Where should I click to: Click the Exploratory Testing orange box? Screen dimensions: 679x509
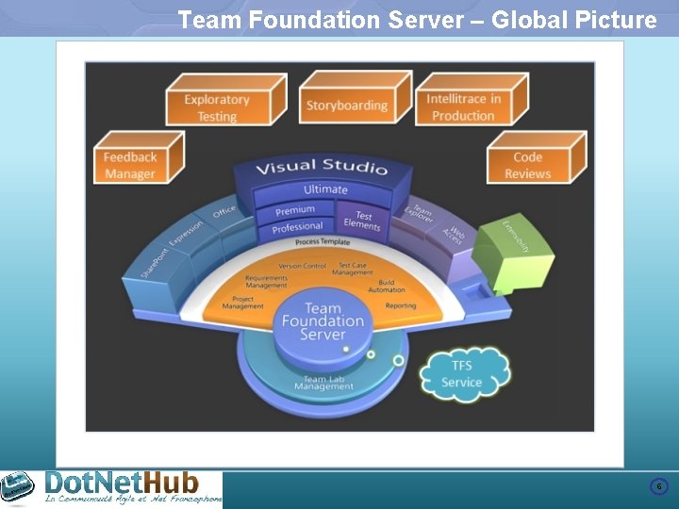(x=217, y=107)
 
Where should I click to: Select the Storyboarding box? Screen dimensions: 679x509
(x=346, y=106)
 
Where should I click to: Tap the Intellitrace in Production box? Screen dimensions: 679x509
(x=463, y=107)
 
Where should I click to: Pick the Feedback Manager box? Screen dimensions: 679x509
(x=130, y=165)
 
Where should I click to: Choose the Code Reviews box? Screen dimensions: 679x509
(x=527, y=165)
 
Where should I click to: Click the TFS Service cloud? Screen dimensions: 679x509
(x=461, y=374)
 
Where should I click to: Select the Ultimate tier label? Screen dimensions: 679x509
(x=325, y=189)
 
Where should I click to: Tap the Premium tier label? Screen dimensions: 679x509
(x=295, y=210)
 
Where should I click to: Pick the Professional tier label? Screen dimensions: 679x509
(x=297, y=227)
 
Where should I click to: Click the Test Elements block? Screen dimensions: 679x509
(x=363, y=221)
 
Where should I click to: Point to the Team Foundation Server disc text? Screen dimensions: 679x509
(x=323, y=320)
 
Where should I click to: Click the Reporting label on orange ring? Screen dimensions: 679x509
(x=401, y=305)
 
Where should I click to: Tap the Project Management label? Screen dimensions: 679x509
(x=243, y=303)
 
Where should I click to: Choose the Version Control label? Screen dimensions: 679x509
(x=302, y=266)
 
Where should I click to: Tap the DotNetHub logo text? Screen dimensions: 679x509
(x=123, y=484)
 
